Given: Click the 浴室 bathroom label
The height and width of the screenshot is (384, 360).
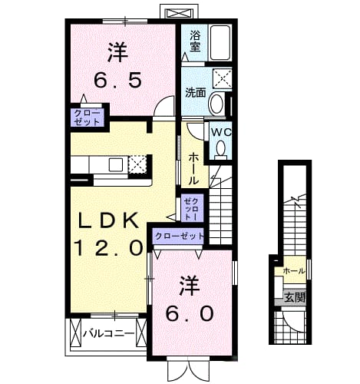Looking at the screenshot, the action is [x=195, y=41].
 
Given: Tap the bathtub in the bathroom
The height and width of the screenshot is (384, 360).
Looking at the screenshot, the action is [x=220, y=43].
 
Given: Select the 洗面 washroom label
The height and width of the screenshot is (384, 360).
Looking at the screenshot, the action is [x=196, y=92].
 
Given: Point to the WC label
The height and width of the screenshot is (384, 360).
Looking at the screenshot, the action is [x=221, y=132].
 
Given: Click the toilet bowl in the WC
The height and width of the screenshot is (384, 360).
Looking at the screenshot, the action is [x=220, y=149].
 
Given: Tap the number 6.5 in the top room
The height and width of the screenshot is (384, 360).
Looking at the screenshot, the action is [x=117, y=80].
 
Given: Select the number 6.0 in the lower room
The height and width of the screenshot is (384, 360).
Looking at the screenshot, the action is [x=190, y=313].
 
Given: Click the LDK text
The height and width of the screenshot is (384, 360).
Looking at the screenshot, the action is [x=108, y=221].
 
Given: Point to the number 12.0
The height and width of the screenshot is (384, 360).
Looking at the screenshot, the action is [x=108, y=248].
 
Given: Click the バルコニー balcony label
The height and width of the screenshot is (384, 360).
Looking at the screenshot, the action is [x=109, y=333].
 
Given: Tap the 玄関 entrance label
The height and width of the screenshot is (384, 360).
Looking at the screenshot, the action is [x=295, y=297].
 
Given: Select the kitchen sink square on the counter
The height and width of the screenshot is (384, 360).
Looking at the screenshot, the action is [x=116, y=164].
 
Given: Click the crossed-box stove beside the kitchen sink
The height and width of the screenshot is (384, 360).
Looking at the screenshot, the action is [x=137, y=164].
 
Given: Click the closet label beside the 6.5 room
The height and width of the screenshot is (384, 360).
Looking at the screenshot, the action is [x=87, y=117].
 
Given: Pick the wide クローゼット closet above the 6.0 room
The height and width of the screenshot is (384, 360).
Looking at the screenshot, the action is [x=179, y=236].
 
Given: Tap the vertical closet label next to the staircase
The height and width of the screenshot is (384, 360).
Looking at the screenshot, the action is [x=192, y=207].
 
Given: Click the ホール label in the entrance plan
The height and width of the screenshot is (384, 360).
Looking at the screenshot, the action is [x=295, y=270].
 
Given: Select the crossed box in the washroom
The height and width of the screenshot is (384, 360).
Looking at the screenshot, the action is [x=223, y=78].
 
